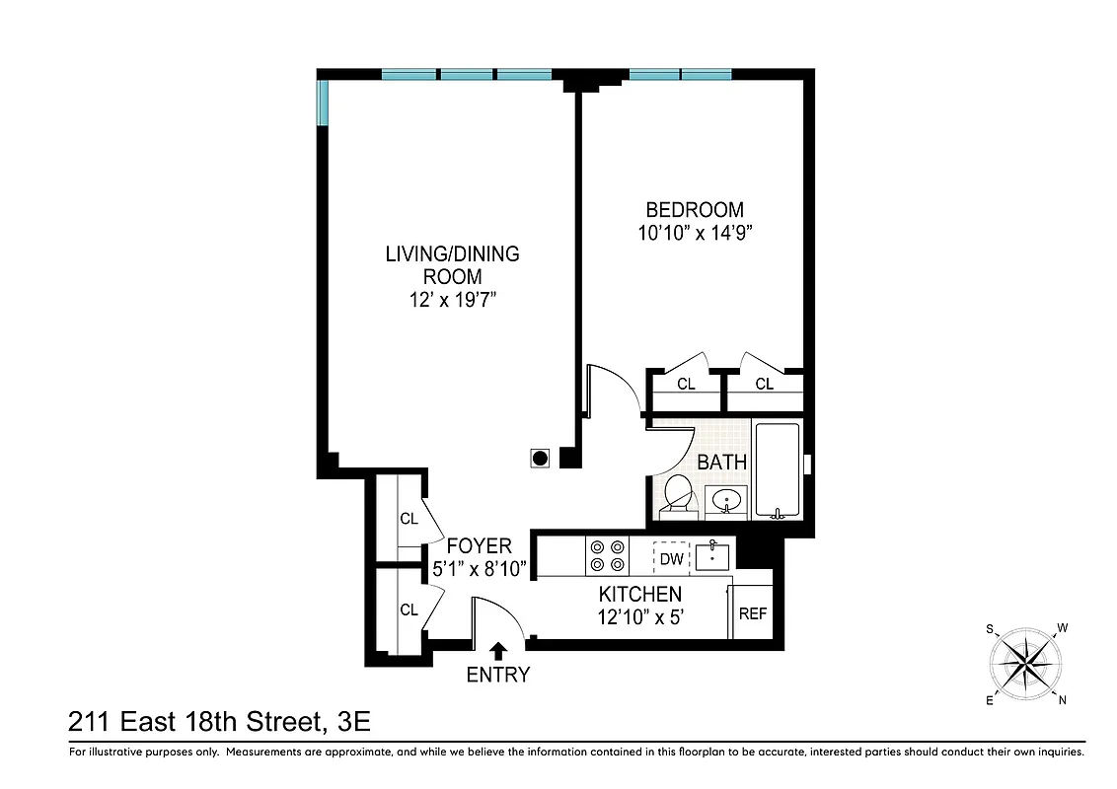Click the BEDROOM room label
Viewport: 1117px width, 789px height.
(x=694, y=209)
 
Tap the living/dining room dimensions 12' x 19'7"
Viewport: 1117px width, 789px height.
(x=452, y=300)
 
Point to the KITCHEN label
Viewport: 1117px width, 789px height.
(x=639, y=594)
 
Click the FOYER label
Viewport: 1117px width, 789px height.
(x=479, y=546)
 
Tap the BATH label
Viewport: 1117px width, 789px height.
(x=721, y=462)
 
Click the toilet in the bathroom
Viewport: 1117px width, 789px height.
(x=678, y=494)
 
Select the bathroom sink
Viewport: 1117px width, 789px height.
(x=727, y=501)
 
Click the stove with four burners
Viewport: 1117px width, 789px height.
(x=607, y=555)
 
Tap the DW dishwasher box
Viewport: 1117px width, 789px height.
(x=671, y=559)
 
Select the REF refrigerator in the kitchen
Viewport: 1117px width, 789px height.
(x=752, y=612)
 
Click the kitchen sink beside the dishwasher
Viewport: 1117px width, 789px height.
(x=711, y=556)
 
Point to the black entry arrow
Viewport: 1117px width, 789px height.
(x=498, y=650)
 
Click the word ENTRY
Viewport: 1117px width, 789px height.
(x=498, y=675)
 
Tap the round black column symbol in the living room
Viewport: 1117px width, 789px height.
(x=540, y=458)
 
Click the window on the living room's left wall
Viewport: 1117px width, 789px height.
(x=322, y=104)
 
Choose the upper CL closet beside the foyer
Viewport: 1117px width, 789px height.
(x=408, y=518)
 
